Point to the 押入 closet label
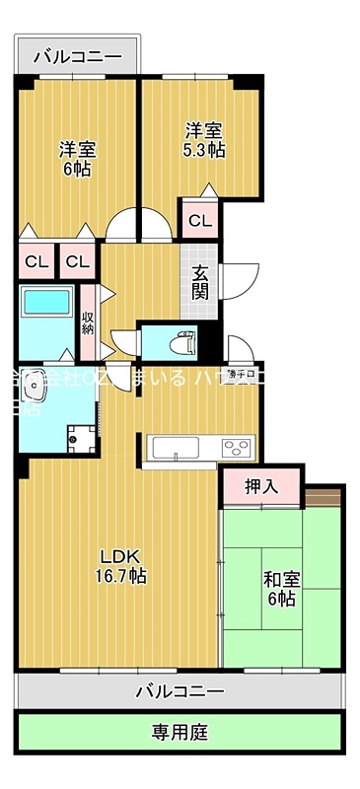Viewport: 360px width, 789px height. [x=261, y=485]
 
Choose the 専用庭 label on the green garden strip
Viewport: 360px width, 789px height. [x=180, y=733]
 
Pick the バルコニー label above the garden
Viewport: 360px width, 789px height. [x=180, y=690]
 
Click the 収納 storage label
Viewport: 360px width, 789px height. [x=88, y=322]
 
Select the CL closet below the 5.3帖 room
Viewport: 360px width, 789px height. [x=199, y=220]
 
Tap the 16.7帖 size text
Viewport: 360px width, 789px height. [x=122, y=574]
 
